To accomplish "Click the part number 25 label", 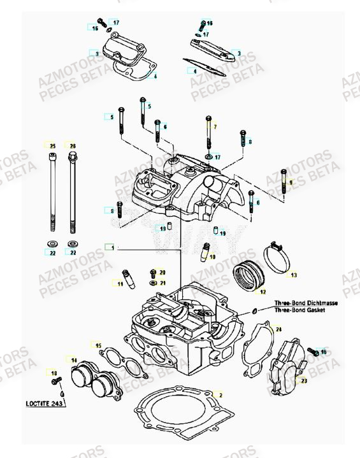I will pos(52,146).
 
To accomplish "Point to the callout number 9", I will pos(291,182).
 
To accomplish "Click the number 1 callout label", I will pos(112,246).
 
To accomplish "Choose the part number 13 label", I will pos(293,275).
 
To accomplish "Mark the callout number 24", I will pos(277,329).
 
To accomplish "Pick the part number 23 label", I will pos(303,381).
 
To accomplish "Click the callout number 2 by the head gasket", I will pos(220,395).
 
